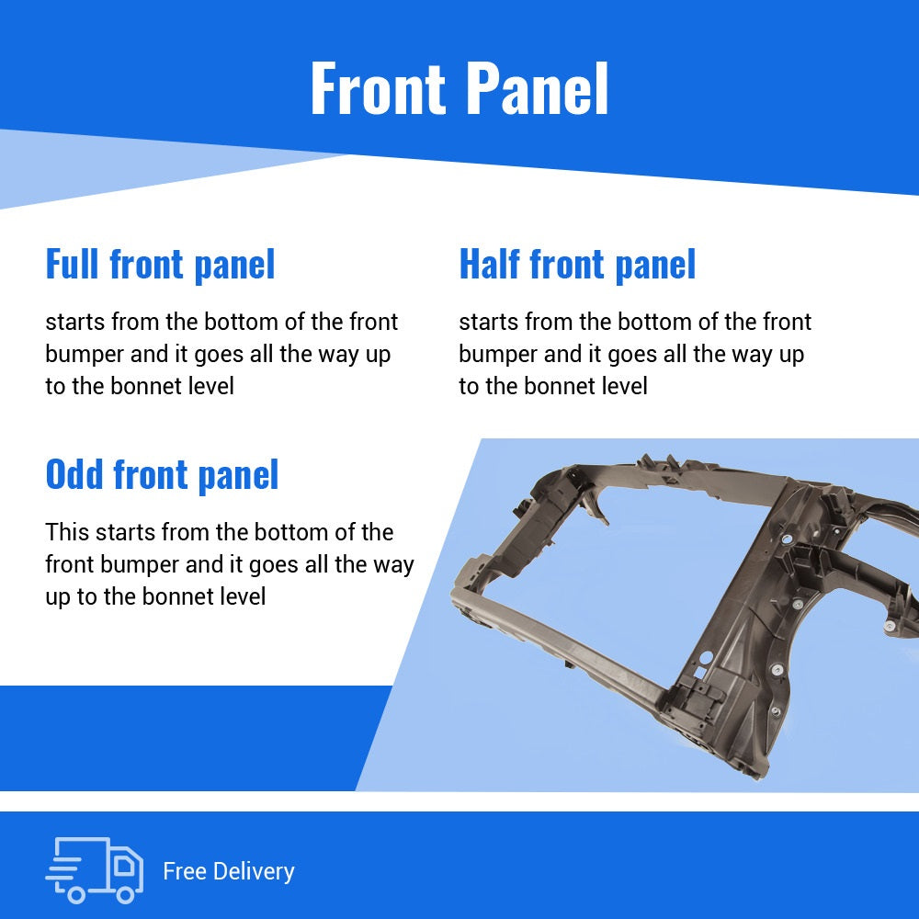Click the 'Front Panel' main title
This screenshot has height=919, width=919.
tap(459, 88)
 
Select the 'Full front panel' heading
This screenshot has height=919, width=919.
tap(160, 265)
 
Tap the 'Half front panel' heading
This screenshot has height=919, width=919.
tap(577, 265)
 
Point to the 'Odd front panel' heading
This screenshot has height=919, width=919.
tap(162, 475)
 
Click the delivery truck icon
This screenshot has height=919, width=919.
tap(95, 869)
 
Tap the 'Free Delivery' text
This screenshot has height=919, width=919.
tap(229, 871)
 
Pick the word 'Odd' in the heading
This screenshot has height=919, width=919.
tap(74, 474)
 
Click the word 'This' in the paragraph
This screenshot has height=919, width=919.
tap(67, 532)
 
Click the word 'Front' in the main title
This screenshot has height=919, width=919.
tap(379, 88)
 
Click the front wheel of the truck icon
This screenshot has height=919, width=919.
tap(125, 894)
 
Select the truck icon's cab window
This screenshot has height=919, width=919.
tap(124, 865)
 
